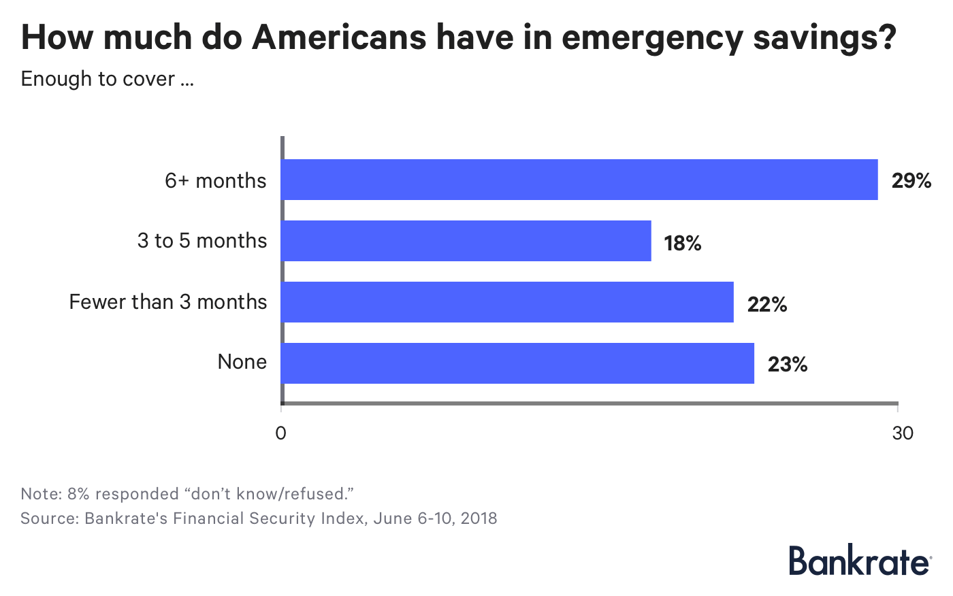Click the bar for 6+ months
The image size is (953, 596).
[x=579, y=180]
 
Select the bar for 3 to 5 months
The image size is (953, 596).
[x=466, y=241]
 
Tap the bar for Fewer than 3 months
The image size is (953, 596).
[x=507, y=302]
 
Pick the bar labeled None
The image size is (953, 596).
[x=517, y=363]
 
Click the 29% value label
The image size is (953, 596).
[x=911, y=181]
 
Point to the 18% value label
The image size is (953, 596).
[x=682, y=243]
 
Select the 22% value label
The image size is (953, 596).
[x=766, y=304]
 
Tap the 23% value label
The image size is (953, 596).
[x=788, y=365]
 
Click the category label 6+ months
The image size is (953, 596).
[x=216, y=181]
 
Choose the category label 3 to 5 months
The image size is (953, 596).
[x=202, y=241]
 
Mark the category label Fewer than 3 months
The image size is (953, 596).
[x=168, y=301]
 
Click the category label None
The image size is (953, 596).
[x=242, y=362]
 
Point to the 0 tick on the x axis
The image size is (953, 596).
[x=280, y=433]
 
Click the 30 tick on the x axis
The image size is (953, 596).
[x=903, y=433]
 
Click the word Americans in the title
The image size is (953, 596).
[x=340, y=37]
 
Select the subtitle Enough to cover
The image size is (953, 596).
[x=107, y=79]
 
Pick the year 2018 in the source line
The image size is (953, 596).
[x=479, y=518]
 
